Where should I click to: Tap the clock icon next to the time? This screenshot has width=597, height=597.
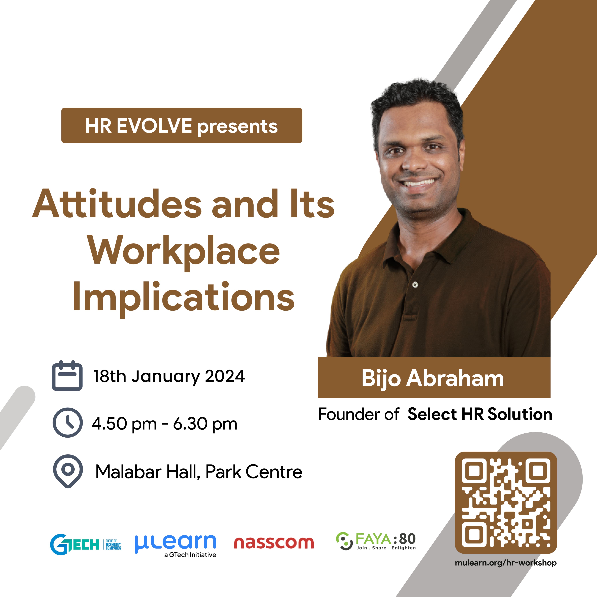click(68, 422)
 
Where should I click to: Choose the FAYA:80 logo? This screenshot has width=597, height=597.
click(376, 541)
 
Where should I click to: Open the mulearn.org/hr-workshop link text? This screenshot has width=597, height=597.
click(506, 563)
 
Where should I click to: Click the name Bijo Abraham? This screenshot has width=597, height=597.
click(433, 379)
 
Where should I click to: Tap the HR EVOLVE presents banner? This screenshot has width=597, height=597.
click(182, 125)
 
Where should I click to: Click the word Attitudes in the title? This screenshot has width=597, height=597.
click(117, 204)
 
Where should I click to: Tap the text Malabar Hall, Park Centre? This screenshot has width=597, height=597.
click(199, 472)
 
